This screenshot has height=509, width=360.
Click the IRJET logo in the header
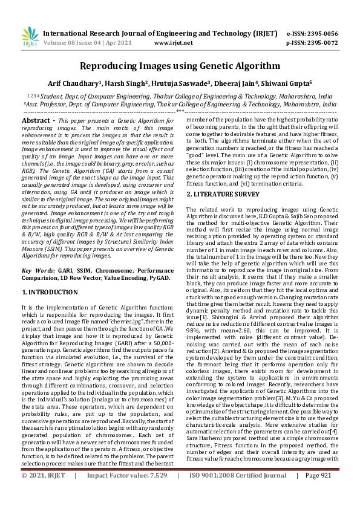pos(28,36)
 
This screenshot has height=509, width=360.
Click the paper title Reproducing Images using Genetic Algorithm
pos(180,66)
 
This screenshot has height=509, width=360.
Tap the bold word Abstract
pos(36,121)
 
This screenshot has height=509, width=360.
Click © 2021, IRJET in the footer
pos(42,493)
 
